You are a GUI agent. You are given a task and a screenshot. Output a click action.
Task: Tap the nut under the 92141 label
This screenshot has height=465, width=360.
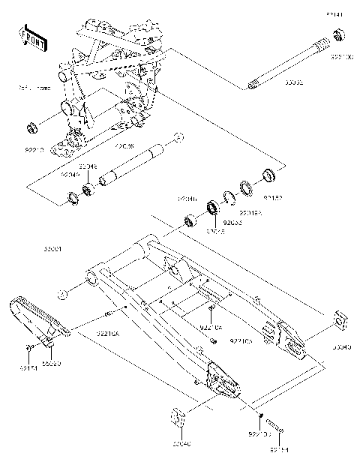tap(338, 34)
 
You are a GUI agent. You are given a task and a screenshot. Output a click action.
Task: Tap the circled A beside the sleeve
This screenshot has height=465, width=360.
tap(178, 136)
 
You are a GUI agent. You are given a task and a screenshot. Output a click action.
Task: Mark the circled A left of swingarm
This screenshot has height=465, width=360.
tap(65, 293)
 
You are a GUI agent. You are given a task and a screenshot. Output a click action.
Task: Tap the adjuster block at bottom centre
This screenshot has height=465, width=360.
tap(179, 417)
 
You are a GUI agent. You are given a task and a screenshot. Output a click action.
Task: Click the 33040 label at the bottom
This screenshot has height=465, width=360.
tap(181, 444)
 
